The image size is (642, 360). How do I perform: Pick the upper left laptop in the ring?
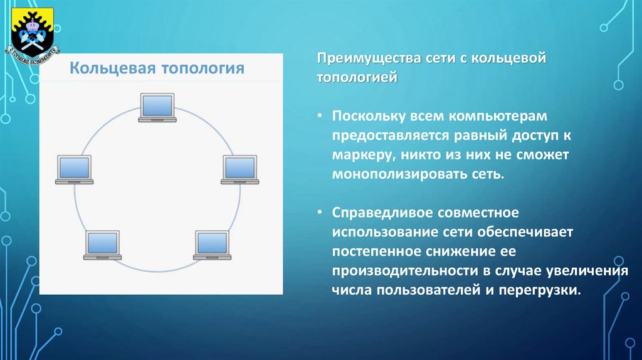(x=75, y=169)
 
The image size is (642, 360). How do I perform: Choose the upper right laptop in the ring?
(x=239, y=169)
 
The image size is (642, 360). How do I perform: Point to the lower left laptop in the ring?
(x=103, y=245)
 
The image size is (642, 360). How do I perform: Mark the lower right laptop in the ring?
(x=212, y=245)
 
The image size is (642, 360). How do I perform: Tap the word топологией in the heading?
(x=357, y=78)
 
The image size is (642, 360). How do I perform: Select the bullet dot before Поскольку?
(x=320, y=117)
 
